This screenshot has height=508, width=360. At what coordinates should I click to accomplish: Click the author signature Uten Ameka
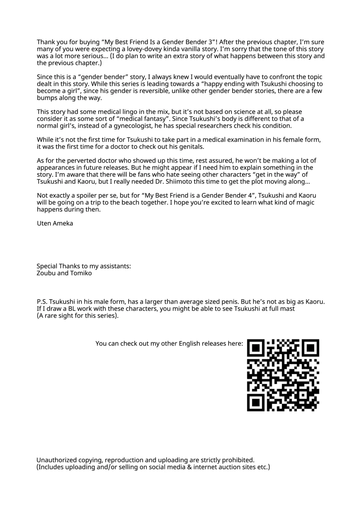click(55, 223)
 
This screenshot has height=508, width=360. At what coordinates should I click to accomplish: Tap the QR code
click(283, 375)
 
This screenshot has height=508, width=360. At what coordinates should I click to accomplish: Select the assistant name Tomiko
click(81, 273)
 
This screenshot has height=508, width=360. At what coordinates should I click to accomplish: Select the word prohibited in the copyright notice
click(238, 460)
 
